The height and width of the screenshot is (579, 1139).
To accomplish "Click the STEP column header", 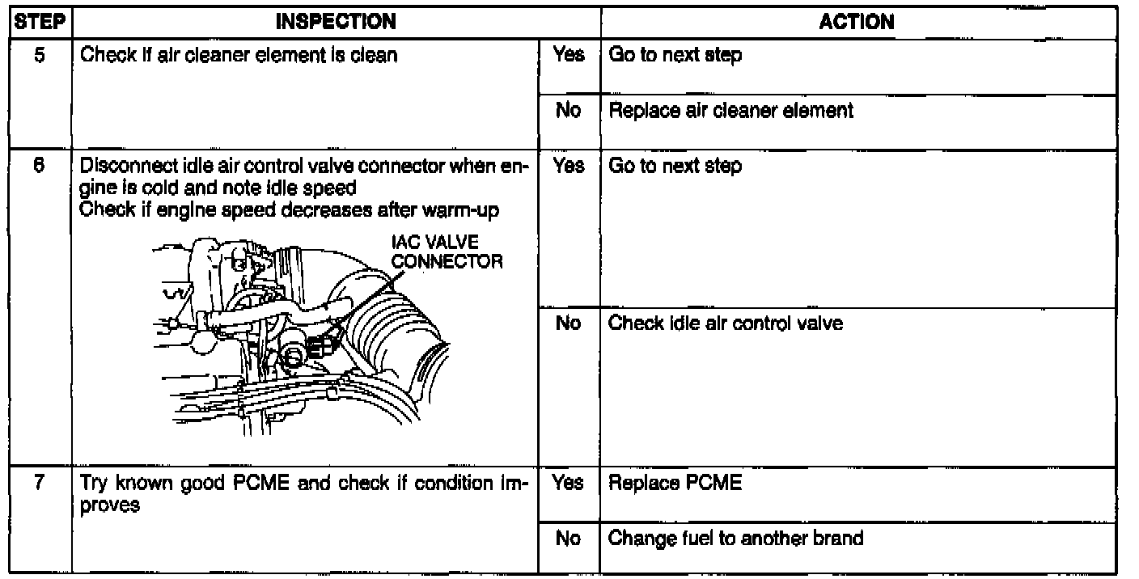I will (36, 22).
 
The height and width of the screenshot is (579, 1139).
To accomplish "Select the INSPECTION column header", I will (336, 22).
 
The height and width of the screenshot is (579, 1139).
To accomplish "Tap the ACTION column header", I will (857, 22).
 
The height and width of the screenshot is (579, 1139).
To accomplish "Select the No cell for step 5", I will (569, 110).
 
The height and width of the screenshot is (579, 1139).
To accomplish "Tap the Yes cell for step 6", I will (569, 167).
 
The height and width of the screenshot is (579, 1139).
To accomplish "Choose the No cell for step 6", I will (569, 323).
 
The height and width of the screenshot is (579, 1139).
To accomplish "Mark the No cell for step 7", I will (569, 538).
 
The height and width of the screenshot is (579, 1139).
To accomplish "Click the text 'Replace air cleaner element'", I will (730, 110).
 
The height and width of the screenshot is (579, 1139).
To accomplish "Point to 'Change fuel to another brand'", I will (735, 538).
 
